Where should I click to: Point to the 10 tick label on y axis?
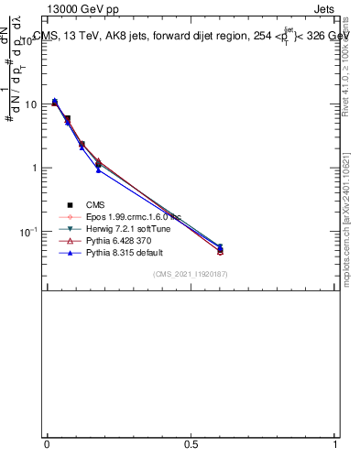pos(29,105)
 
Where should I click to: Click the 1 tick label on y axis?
pos(33,169)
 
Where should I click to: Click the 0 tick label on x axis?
pos(47,444)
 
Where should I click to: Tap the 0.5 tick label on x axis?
pos(191,444)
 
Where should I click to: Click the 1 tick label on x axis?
pos(336,444)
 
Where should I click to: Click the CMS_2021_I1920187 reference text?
pos(191,274)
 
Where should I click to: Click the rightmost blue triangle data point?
pos(220,246)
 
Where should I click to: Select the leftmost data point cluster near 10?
pos(55,102)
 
